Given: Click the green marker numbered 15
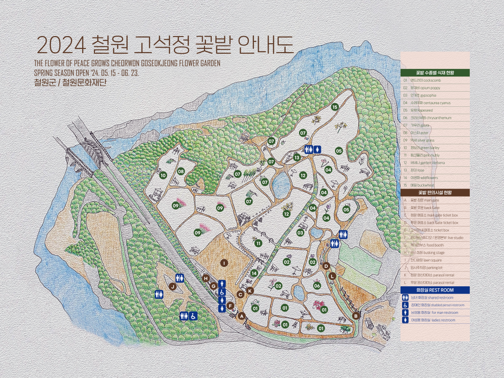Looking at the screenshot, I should point(335,107).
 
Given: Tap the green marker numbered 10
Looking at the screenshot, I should point(163,175).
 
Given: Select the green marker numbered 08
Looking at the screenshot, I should point(181,171).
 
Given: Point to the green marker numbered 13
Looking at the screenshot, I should point(297,157).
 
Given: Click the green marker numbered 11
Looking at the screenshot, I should point(259,243).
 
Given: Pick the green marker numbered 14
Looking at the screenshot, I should point(254,273).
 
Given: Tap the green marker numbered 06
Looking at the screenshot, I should point(317,285).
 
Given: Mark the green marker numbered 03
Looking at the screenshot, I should point(300,233).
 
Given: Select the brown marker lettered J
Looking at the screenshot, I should point(173,286).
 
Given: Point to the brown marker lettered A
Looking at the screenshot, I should point(241,316).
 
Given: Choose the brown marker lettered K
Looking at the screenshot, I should point(250,291).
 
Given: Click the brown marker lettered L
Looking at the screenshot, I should point(332,275).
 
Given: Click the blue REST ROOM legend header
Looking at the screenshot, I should point(435,290).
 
